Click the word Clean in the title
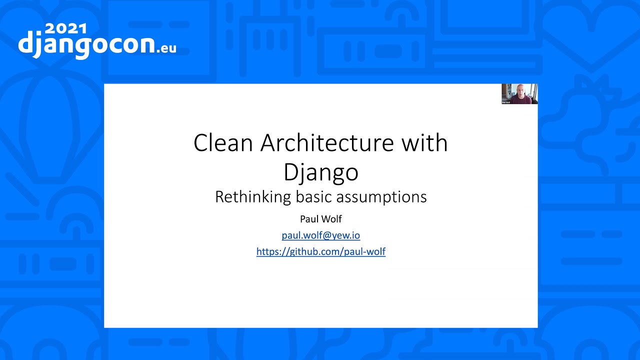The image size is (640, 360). point(223,142)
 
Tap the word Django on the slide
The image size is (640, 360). point(321,172)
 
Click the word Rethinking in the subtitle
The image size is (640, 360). point(253,197)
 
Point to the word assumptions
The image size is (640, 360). point(381,197)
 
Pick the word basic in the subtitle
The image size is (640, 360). point(313,197)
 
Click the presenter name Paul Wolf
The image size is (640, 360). point(321,219)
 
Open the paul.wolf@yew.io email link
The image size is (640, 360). point(321,235)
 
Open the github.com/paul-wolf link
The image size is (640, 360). point(321,251)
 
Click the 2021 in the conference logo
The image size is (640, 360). point(66,29)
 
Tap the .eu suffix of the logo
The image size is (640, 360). point(166,48)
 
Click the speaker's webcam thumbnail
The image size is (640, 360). point(519,93)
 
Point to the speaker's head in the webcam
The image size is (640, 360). point(520,90)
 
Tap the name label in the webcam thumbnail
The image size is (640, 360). point(506,102)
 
